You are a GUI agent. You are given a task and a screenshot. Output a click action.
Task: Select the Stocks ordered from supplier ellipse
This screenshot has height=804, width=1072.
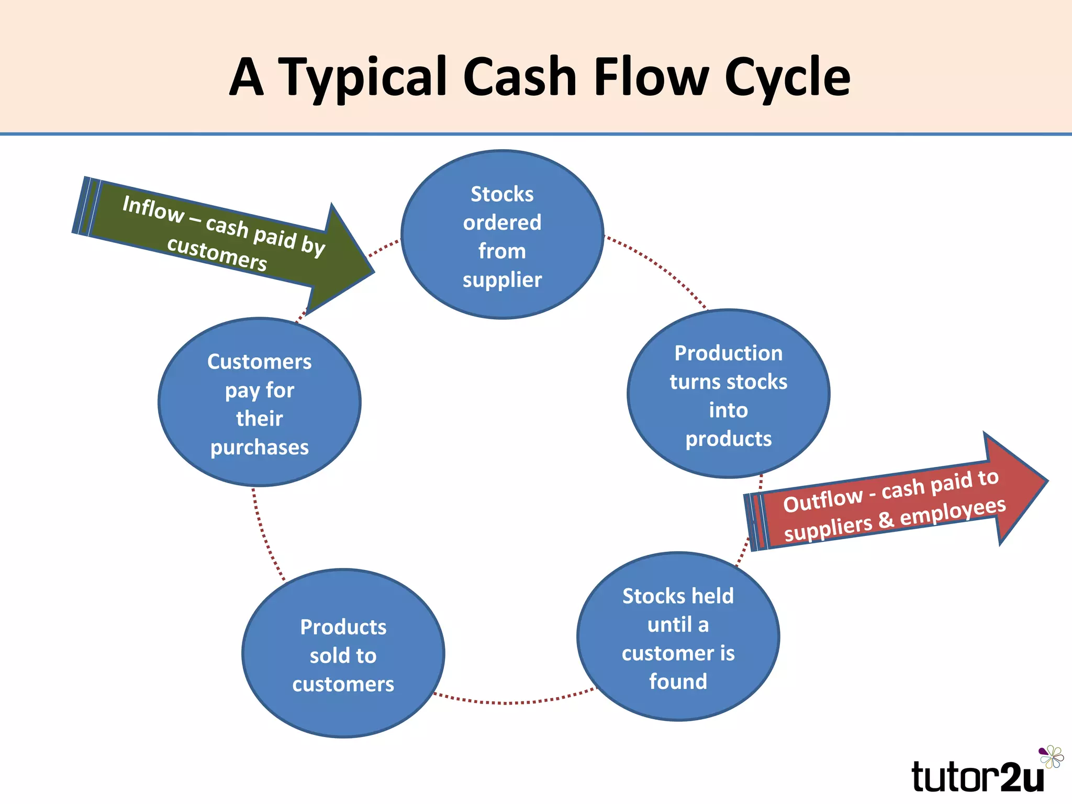[x=502, y=234]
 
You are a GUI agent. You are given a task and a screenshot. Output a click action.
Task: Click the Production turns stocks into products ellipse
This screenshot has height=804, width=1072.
[x=728, y=394]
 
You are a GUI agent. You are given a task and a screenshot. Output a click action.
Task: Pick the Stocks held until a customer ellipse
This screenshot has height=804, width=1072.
[x=678, y=636]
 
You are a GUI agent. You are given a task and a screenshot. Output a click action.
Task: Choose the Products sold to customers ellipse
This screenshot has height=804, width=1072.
[x=343, y=653]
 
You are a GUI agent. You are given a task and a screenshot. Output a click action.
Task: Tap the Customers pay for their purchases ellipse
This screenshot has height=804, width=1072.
[x=259, y=402]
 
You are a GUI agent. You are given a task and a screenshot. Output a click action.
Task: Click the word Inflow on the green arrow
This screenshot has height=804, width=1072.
[x=152, y=209]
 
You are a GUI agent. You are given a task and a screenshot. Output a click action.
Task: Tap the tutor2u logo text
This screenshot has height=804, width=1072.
[x=977, y=777]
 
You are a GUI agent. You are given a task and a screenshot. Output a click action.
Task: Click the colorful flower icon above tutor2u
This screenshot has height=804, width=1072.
[x=1051, y=757]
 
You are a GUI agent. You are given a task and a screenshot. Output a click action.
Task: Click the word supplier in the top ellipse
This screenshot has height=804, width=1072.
[x=502, y=280]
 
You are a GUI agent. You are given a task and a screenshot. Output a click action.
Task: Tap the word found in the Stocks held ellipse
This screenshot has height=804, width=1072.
[x=678, y=682]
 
